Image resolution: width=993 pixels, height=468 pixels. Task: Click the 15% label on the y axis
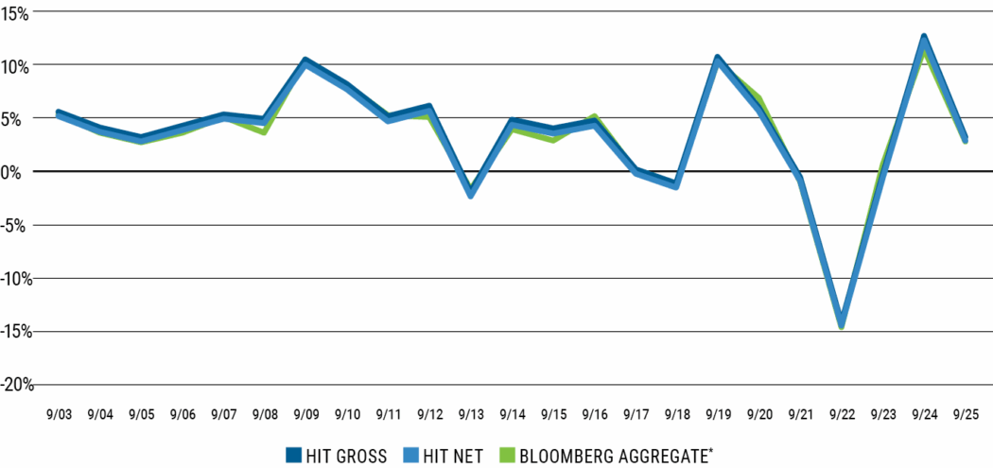(x=17, y=12)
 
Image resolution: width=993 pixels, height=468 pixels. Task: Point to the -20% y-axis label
(x=18, y=385)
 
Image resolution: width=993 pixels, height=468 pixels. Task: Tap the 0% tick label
(x=22, y=172)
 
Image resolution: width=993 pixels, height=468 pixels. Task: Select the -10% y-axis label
(x=18, y=279)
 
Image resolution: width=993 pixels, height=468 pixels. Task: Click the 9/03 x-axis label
(x=59, y=414)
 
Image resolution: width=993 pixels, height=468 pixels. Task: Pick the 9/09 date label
(x=305, y=414)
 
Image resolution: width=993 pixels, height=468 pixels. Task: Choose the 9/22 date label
(x=841, y=414)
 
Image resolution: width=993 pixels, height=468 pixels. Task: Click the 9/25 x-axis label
(x=965, y=414)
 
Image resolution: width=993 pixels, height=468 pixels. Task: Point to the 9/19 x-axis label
(x=718, y=414)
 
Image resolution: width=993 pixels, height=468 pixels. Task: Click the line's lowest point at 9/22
(x=841, y=323)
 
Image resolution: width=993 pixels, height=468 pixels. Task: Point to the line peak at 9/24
(x=924, y=39)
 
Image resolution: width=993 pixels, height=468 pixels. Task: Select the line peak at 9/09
(x=305, y=61)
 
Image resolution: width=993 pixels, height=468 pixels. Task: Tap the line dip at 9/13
(x=470, y=194)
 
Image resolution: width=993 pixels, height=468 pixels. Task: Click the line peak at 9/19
(x=718, y=59)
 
